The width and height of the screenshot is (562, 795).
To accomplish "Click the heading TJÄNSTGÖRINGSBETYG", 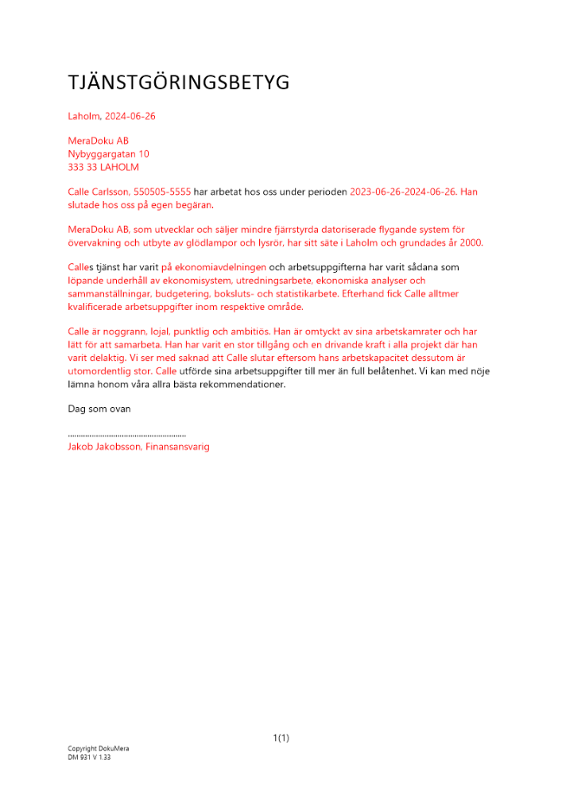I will click(x=179, y=83).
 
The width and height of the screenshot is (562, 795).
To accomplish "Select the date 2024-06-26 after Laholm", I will click(x=130, y=116).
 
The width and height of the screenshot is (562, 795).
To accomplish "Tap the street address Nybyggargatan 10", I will click(x=109, y=154).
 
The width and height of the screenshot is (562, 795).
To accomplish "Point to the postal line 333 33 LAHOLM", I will click(x=103, y=167).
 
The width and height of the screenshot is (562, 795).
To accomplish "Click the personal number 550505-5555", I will click(x=163, y=192).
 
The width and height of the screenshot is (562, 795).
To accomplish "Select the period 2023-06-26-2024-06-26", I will click(x=403, y=192).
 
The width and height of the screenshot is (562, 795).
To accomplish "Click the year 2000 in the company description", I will click(x=471, y=242).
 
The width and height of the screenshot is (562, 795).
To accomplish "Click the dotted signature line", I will click(x=127, y=435).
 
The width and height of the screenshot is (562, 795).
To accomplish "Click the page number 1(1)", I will click(x=281, y=739).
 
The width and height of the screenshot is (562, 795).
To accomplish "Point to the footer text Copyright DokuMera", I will click(x=99, y=749).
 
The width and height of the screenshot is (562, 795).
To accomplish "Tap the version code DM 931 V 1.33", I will click(x=89, y=758).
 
